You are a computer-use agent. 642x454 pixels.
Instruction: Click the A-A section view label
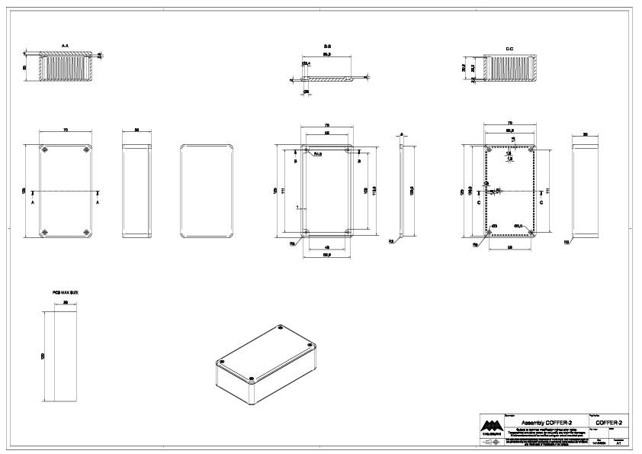66,47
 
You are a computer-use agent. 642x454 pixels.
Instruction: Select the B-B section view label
326,47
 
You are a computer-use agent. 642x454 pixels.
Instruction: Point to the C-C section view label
509,48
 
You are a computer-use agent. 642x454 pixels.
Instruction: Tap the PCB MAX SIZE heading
66,292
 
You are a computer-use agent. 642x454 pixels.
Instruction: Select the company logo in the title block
493,425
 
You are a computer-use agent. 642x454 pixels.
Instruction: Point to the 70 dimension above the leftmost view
66,131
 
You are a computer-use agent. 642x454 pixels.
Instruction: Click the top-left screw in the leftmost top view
44,150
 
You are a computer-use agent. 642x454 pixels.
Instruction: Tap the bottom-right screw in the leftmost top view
86,231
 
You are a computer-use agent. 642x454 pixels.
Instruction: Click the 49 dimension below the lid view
327,247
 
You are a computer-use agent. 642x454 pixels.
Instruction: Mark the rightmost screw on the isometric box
310,346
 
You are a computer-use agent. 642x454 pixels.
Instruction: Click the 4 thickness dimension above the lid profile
402,134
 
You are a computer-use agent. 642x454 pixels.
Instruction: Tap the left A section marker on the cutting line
33,204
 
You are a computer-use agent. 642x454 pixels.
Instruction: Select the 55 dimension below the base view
509,248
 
